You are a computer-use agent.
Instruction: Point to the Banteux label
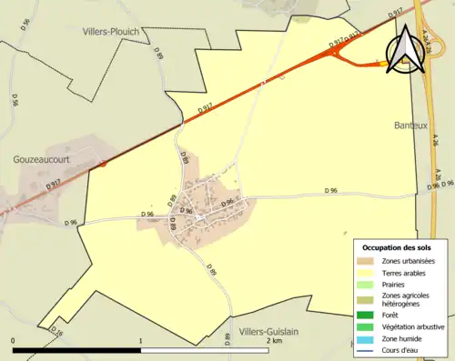pyautogui.click(x=409, y=125)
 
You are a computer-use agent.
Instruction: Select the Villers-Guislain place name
pyautogui.click(x=271, y=332)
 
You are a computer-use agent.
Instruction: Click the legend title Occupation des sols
pyautogui.click(x=397, y=247)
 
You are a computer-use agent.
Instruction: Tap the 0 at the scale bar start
pyautogui.click(x=13, y=340)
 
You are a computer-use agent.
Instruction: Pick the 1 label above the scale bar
pyautogui.click(x=140, y=340)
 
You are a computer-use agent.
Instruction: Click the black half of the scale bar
pyautogui.click(x=76, y=349)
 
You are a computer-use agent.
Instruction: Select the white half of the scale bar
pyautogui.click(x=204, y=349)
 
